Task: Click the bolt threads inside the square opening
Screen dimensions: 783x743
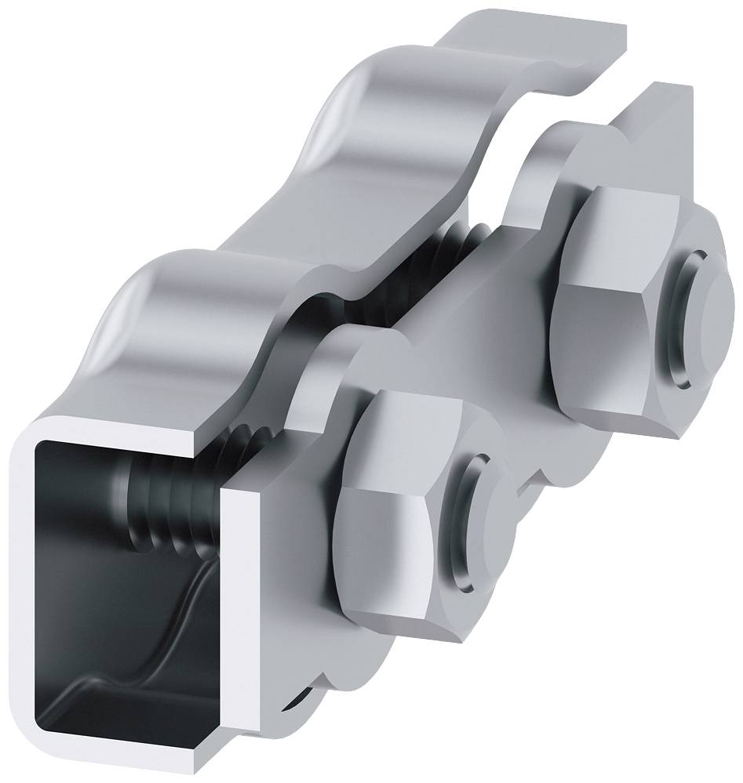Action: pyautogui.click(x=165, y=502)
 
